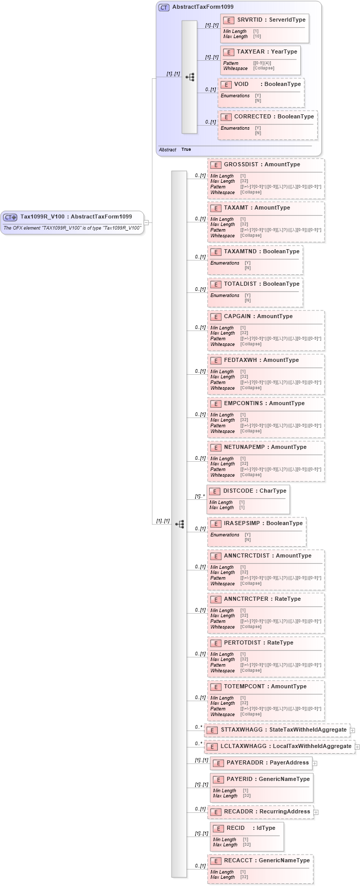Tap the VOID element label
tap(241, 84)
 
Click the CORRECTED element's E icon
tap(226, 117)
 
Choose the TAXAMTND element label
tap(239, 252)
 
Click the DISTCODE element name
tap(238, 491)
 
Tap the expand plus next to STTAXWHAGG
tap(352, 730)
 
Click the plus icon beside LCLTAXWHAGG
tap(357, 746)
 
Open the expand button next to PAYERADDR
tap(315, 763)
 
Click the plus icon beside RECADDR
tap(316, 812)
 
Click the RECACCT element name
tap(238, 861)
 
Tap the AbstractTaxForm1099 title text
tap(202, 7)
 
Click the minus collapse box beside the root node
tap(146, 223)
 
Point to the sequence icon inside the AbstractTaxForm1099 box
tap(190, 77)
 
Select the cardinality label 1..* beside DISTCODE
tap(199, 497)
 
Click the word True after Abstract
tap(186, 149)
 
